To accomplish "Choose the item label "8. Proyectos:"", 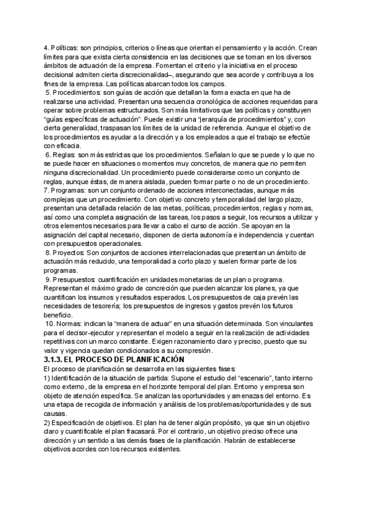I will [65, 252].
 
